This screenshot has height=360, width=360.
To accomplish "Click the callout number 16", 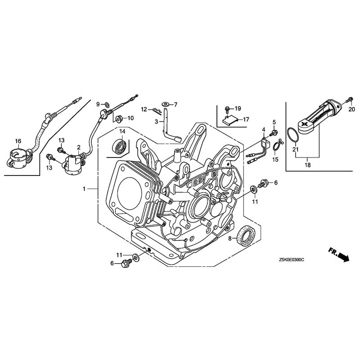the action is (18, 141).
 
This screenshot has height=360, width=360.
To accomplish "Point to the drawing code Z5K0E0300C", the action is (293, 260).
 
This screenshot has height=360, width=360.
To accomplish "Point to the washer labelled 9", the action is (107, 105).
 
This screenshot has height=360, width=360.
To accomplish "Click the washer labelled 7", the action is (166, 104).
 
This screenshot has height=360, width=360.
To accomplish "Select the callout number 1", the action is (84, 189).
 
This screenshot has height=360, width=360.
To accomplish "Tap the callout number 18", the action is (307, 165).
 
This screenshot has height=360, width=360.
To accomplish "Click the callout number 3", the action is (156, 122).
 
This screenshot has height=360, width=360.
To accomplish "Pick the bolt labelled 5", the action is (274, 132).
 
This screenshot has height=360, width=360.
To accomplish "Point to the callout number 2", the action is (79, 147).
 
